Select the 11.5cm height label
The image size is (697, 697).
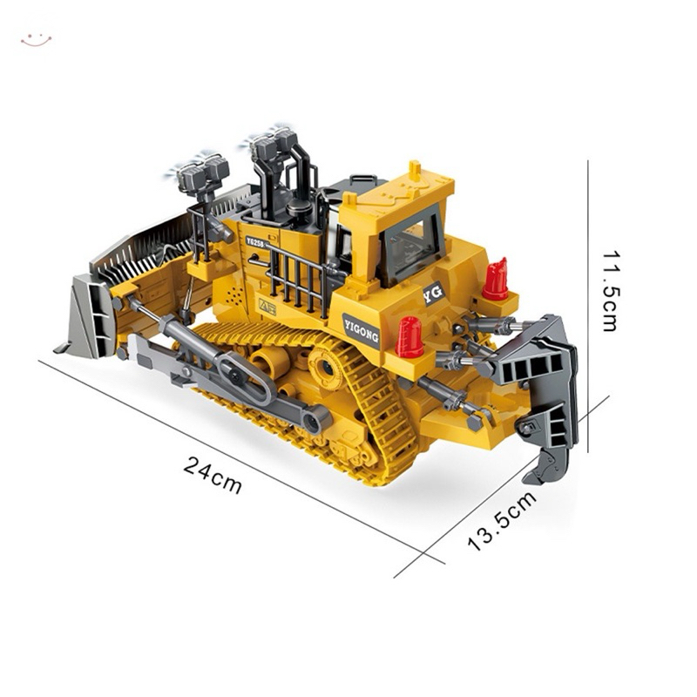[x=610, y=291]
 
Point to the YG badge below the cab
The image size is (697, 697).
[x=432, y=293]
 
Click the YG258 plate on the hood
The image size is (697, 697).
[x=255, y=241]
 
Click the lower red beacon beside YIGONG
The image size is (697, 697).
[x=409, y=337]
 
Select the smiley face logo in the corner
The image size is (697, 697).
[x=36, y=40]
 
